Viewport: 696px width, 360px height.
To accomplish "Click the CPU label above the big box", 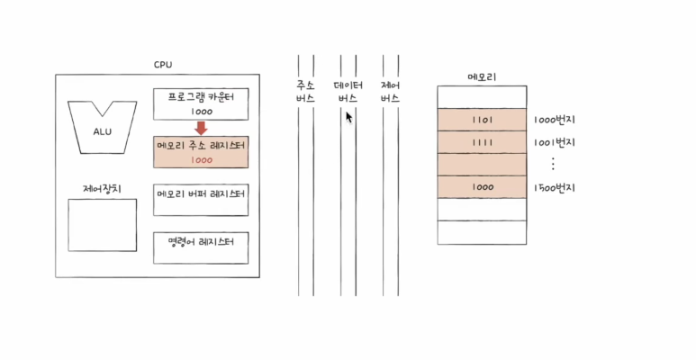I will pos(163,65).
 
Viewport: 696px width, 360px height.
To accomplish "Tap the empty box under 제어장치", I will pos(103,225).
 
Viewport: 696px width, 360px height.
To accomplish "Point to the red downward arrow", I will pos(201,128).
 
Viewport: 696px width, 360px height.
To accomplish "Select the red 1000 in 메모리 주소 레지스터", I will pos(201,159).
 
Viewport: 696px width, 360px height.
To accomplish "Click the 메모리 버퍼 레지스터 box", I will pos(201,201).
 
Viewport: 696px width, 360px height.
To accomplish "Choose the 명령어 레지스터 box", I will pos(201,247).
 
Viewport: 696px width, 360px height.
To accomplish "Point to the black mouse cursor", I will pos(349,117).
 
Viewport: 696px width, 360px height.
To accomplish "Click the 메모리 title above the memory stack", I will pos(481,76).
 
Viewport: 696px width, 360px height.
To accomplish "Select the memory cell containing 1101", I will pos(482,120).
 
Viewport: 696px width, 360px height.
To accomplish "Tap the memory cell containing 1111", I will pos(482,142).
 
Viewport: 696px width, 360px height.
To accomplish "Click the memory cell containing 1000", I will pos(482,187).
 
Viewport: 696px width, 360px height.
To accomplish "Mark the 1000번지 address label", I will pos(554,120).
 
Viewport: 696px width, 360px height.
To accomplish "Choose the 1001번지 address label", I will pos(554,142).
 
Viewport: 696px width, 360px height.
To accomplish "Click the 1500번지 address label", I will pos(554,187).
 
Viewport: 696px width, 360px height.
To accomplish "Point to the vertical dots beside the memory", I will pos(553,164).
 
